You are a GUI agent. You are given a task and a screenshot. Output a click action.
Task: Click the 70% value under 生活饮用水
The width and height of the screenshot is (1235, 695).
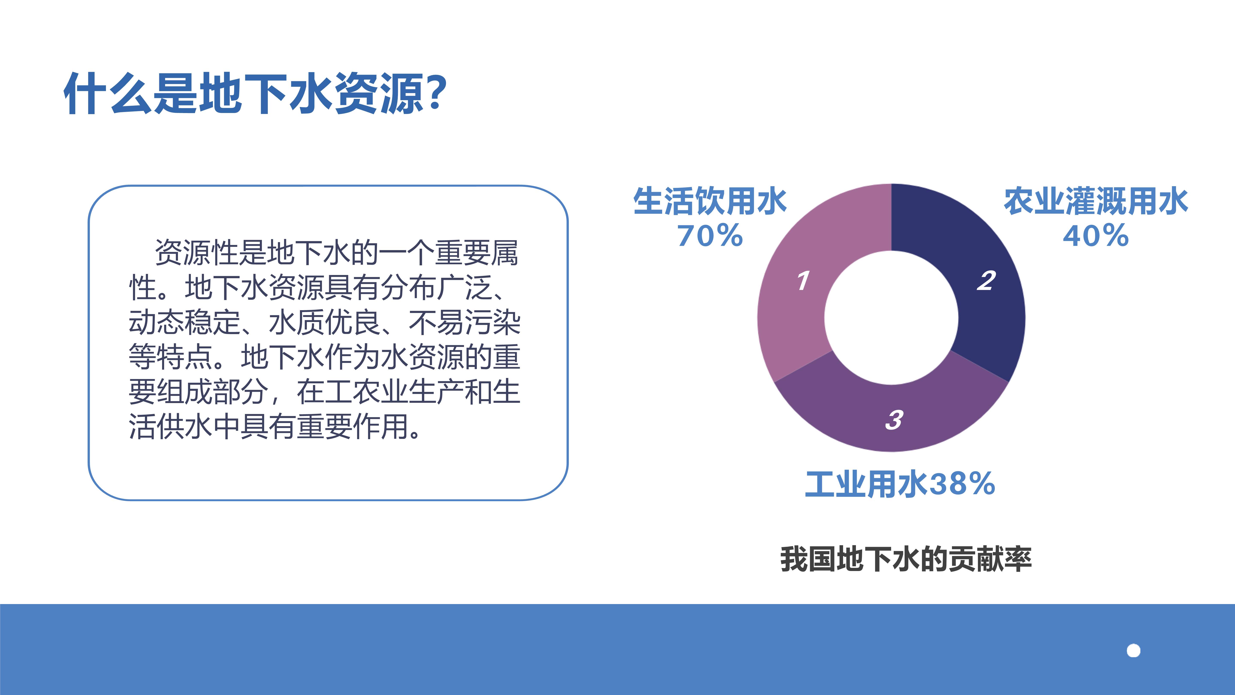[710, 236]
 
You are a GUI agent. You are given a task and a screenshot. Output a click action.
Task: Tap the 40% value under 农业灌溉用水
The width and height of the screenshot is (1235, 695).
[1096, 236]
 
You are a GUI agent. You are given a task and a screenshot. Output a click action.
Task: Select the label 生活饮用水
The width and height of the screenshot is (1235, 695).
[710, 201]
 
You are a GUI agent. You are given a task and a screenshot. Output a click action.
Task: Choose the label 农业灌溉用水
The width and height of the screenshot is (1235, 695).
[1096, 201]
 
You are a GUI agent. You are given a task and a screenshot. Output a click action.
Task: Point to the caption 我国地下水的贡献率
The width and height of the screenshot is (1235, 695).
[906, 559]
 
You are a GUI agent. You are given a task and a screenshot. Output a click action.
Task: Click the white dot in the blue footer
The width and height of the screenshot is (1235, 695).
[1133, 651]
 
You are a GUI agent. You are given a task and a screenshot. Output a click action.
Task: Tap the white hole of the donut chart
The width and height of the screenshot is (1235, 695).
[891, 317]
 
